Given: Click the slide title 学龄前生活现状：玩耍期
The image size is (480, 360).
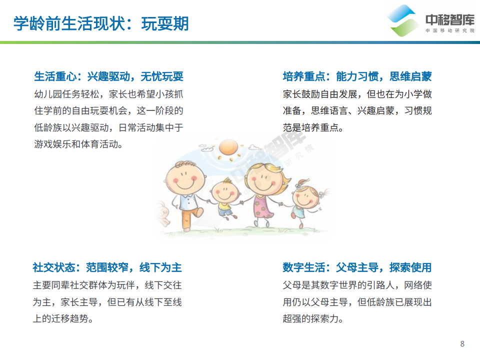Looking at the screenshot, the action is [x=101, y=23].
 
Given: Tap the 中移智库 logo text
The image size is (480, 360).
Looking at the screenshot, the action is [x=449, y=20].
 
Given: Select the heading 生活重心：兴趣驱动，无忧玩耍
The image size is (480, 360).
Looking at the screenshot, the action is [x=108, y=76].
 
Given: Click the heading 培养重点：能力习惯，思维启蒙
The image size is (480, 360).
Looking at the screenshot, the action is [x=357, y=76].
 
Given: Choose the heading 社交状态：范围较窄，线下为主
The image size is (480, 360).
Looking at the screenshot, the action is [x=107, y=267].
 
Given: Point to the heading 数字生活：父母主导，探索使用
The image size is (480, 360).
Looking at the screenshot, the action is [x=357, y=267].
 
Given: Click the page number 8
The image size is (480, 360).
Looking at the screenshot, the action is [x=462, y=344].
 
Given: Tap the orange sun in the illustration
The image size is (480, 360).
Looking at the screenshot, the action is [x=228, y=147].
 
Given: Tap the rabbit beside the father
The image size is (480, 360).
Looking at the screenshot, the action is [x=162, y=213].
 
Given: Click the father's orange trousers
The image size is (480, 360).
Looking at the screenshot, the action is [x=190, y=218].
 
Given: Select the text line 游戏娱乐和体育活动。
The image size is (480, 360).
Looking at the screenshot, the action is [x=78, y=144].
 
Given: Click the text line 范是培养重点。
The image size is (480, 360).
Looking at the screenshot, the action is [x=313, y=127].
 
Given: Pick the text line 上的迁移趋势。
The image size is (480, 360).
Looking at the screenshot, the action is [x=63, y=318].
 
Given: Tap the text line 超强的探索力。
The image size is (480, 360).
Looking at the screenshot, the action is [x=313, y=318].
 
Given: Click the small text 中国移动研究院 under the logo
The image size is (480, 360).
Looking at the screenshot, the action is [x=449, y=30].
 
